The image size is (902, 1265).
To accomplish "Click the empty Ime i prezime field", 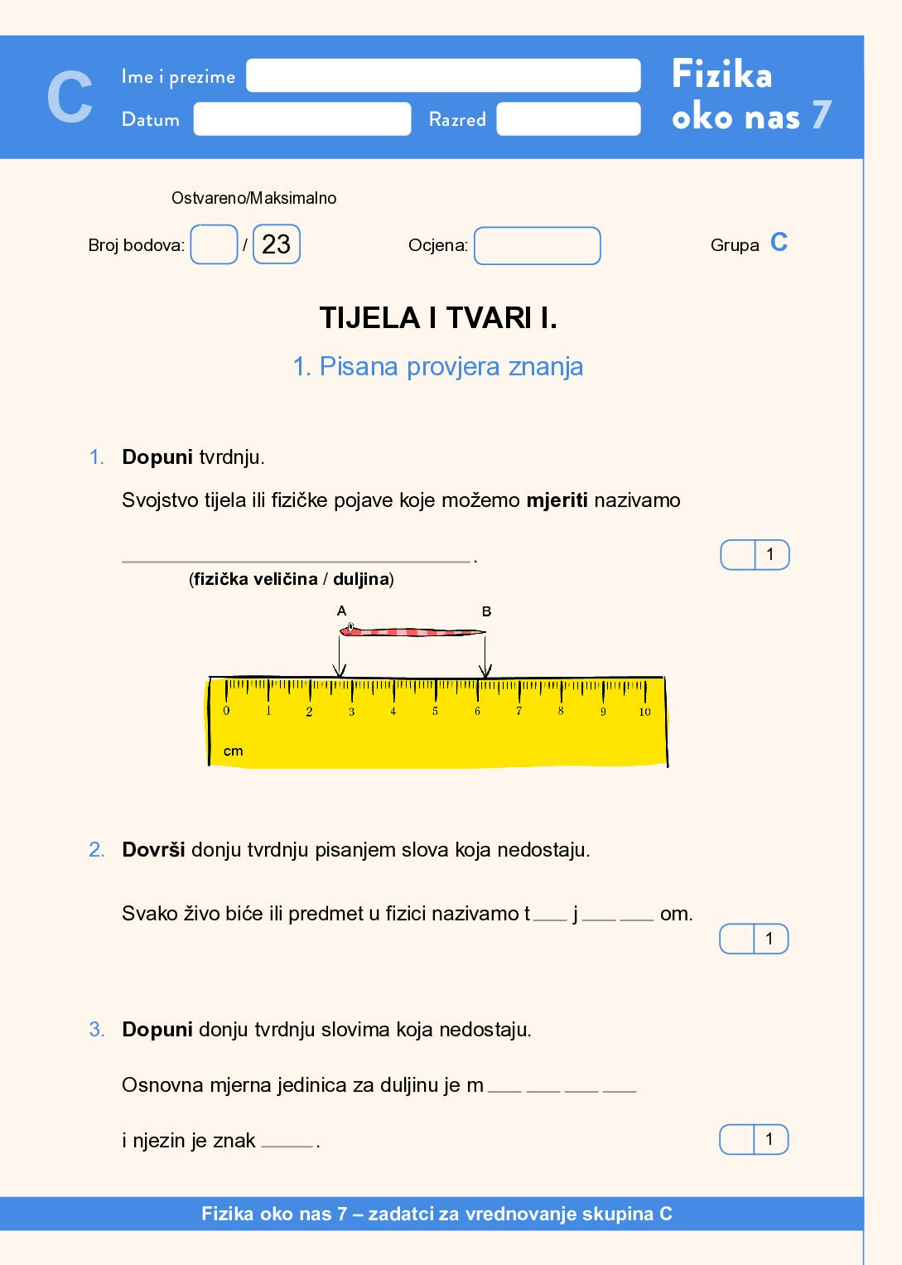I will [443, 75].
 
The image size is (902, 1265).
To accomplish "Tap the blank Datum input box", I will [302, 118].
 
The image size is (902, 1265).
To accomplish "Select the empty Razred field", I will [568, 118].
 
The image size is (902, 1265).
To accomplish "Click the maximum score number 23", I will [276, 244].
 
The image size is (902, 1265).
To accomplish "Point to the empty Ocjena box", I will [537, 246].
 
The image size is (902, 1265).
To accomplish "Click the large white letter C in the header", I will [70, 97].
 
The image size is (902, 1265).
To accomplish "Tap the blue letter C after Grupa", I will [779, 242].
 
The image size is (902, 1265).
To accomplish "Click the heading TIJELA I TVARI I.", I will [438, 318].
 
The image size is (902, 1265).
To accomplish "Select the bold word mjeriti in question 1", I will [557, 500].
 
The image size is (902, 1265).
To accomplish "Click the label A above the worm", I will [341, 611].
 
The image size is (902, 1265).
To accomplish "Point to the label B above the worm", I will [486, 611].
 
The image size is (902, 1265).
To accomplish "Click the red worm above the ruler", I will [412, 632].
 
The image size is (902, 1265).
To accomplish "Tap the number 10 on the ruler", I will [644, 712].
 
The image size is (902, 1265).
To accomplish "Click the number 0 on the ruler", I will [226, 711].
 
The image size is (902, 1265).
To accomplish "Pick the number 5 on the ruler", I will [435, 711].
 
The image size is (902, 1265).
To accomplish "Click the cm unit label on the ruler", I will [233, 751].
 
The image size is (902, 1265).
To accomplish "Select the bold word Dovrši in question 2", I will [153, 850].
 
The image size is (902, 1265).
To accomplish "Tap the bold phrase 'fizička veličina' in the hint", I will [256, 579].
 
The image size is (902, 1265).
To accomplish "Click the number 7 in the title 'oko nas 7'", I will [821, 115].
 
